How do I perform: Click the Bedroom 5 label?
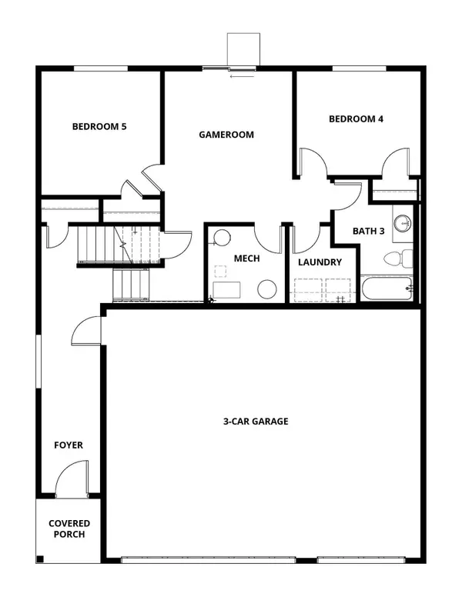(x=99, y=127)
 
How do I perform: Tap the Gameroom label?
(x=226, y=134)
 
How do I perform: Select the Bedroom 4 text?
(x=356, y=119)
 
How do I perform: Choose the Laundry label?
(x=320, y=262)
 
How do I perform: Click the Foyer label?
(x=68, y=445)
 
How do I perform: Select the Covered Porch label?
(x=69, y=529)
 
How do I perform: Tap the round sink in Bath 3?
(x=403, y=224)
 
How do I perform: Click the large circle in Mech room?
(x=266, y=290)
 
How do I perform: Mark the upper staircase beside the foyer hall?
(x=96, y=244)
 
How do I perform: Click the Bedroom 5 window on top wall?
(x=101, y=69)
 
